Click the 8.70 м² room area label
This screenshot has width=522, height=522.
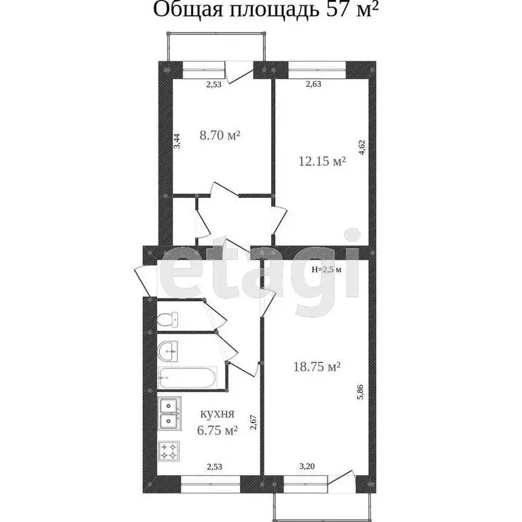pos(220,135)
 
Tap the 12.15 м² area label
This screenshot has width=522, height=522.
pos(322,162)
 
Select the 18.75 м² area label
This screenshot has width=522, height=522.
pos(316,366)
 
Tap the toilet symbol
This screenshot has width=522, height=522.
pos(167,318)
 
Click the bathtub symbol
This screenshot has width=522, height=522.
pos(187,377)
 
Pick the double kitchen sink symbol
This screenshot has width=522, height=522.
pos(169,414)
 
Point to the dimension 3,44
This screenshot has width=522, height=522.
pos(177,141)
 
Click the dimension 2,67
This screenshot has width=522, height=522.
pos(252,423)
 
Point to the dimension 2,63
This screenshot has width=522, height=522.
pos(313,84)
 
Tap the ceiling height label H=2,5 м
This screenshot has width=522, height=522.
pos(326,269)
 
